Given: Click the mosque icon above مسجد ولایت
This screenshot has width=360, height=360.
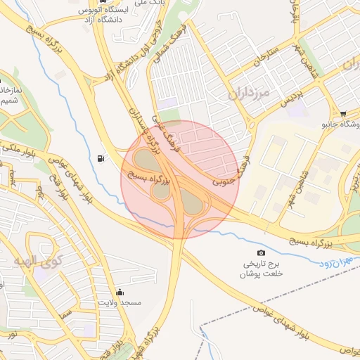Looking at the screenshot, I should (x=120, y=292).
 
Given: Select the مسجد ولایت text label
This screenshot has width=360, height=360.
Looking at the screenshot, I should (x=120, y=302).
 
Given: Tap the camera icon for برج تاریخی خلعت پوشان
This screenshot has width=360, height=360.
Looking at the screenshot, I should (x=262, y=252).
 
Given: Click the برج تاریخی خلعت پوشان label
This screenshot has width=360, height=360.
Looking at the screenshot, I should (x=261, y=269).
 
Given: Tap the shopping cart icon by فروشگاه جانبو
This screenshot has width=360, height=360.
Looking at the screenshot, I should (x=342, y=114).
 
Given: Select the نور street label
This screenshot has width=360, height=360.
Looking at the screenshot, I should (x=13, y=335).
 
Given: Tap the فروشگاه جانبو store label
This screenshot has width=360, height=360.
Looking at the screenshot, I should (x=340, y=126).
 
